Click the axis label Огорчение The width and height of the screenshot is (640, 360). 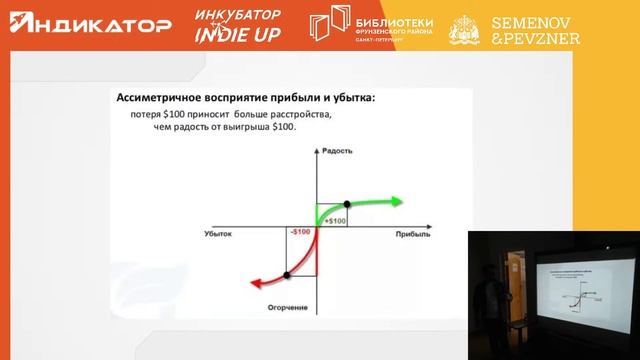tap(314, 306)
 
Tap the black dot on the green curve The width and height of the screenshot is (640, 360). tap(346, 203)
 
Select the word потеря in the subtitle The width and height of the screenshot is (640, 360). tap(149, 115)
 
